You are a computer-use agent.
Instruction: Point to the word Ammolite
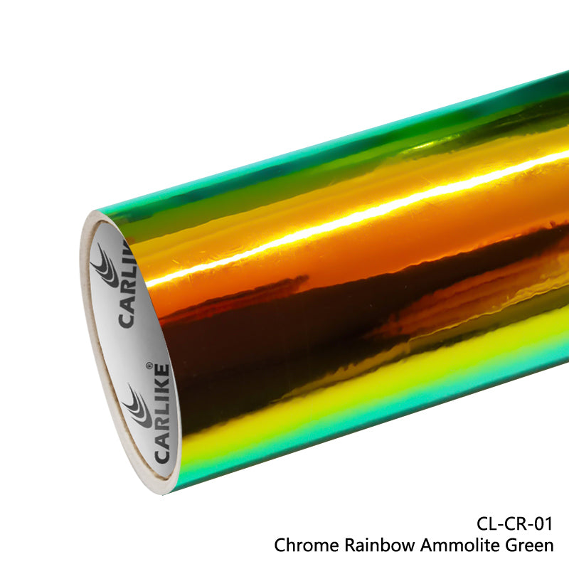(x=450, y=546)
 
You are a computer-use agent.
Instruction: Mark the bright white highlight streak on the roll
(x=356, y=213)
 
